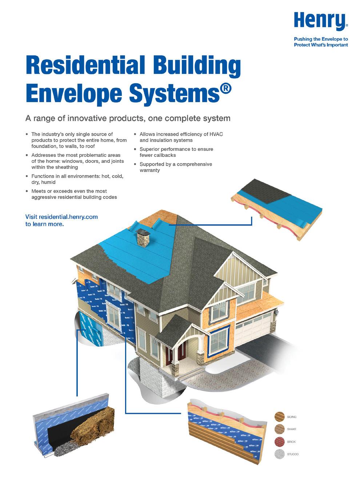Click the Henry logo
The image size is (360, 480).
pyautogui.click(x=320, y=21)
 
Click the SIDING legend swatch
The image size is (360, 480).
pyautogui.click(x=280, y=417)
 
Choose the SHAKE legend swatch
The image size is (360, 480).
pyautogui.click(x=280, y=429)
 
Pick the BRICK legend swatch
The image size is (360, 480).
pyautogui.click(x=280, y=442)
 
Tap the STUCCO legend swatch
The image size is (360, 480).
pyautogui.click(x=280, y=454)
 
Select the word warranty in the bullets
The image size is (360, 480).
pyautogui.click(x=150, y=170)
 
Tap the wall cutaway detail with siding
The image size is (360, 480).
pyautogui.click(x=225, y=433)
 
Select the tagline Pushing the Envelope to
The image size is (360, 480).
pyautogui.click(x=321, y=39)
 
